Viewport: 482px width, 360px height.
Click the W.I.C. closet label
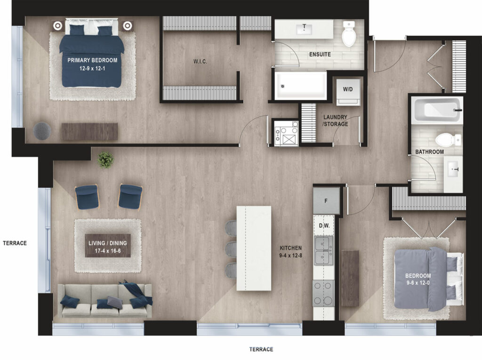click(x=200, y=62)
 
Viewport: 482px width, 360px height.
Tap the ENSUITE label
click(x=320, y=55)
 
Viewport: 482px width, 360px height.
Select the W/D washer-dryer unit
click(x=348, y=92)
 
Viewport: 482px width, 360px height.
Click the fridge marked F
click(x=326, y=201)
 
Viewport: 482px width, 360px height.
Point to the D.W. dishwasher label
click(x=324, y=226)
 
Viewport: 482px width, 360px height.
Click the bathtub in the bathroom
click(x=437, y=110)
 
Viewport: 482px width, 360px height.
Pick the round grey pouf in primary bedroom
click(x=42, y=131)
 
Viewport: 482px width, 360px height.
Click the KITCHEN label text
click(x=290, y=248)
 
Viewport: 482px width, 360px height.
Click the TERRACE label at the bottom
click(x=261, y=349)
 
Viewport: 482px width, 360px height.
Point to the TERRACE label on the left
click(x=15, y=243)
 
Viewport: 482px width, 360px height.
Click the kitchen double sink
click(x=323, y=250)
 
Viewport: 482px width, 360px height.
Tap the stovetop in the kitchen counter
click(x=323, y=294)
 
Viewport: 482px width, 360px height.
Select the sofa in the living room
click(x=104, y=301)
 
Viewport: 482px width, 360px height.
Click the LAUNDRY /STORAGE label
click(x=335, y=120)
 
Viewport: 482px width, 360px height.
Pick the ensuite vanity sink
click(x=305, y=30)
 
